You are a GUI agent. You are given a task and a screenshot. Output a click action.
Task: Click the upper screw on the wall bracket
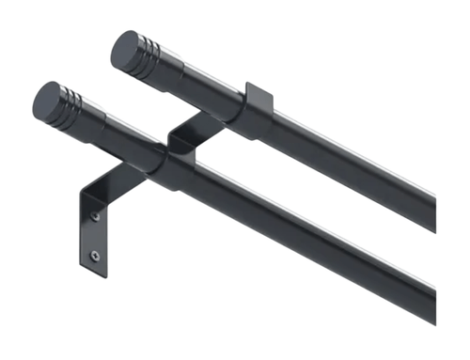(95, 217)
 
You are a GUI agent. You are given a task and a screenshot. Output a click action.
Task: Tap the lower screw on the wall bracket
(94, 253)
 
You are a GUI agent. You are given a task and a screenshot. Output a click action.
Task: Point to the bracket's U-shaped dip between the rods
(180, 140)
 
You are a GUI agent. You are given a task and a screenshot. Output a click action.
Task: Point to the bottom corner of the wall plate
(95, 275)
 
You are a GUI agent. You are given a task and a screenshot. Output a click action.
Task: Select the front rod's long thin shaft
(310, 240)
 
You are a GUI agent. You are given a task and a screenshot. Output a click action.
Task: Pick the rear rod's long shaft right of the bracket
(357, 169)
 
